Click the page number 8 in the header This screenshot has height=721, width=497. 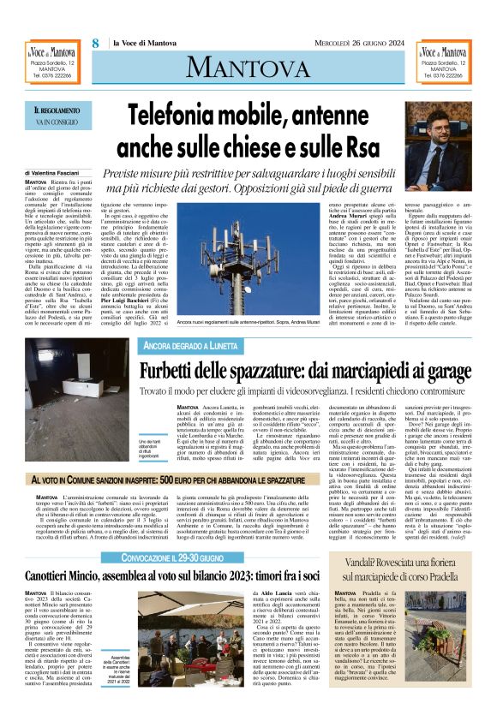coord(95,43)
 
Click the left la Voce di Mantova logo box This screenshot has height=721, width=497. coord(54,62)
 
